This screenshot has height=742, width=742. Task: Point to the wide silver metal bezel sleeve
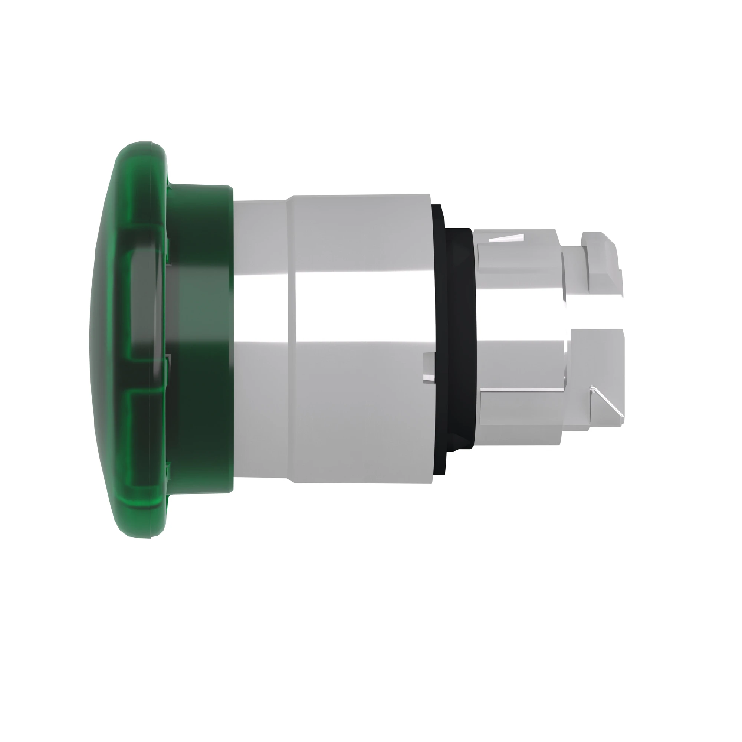(361, 403)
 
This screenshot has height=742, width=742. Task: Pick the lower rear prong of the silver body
(519, 403)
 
